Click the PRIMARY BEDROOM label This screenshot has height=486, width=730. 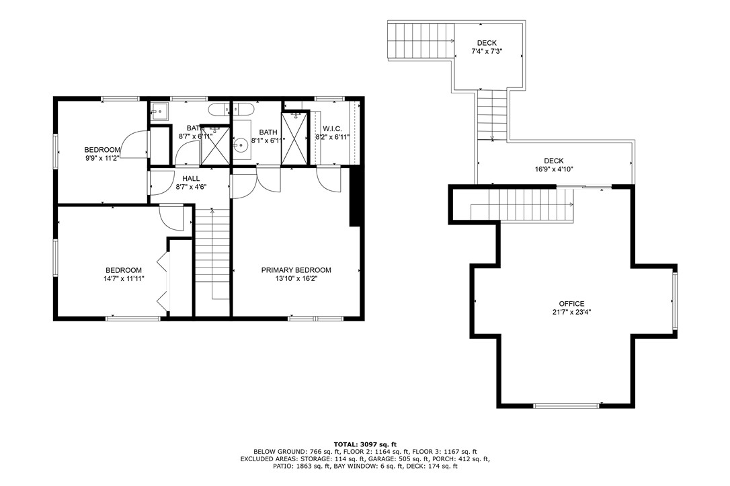296,270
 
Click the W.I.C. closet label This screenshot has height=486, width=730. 332,128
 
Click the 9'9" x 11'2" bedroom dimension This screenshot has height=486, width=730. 102,158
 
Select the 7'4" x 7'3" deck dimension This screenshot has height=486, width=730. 487,51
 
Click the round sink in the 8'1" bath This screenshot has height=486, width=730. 240,144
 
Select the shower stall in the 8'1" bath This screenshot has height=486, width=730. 294,138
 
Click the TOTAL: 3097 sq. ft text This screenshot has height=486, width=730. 365,444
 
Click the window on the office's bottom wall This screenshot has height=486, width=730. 566,406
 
